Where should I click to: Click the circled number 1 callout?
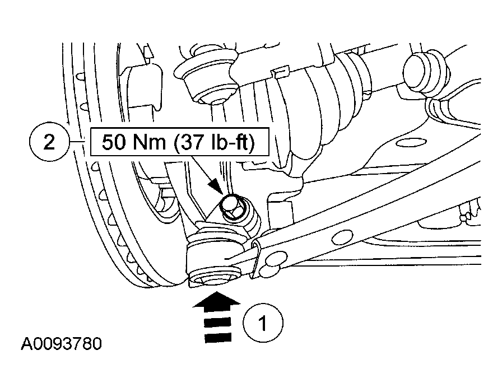pyautogui.click(x=263, y=323)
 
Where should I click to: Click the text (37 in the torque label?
pyautogui.click(x=189, y=143)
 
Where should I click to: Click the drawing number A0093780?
pyautogui.click(x=62, y=343)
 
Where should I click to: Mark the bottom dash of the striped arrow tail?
pyautogui.click(x=217, y=338)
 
